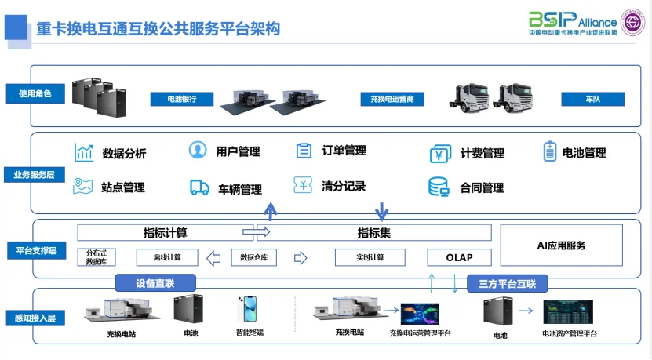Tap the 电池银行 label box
(x=182, y=100)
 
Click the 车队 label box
(x=592, y=100)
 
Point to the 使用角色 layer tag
(x=35, y=94)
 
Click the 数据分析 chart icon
(x=84, y=153)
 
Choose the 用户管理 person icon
(x=199, y=151)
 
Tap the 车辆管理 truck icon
(x=199, y=188)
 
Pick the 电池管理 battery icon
(x=549, y=152)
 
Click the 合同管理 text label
(x=482, y=188)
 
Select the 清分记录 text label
(x=344, y=187)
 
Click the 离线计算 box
(x=166, y=257)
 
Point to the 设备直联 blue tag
(x=155, y=283)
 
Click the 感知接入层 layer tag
(x=35, y=318)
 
